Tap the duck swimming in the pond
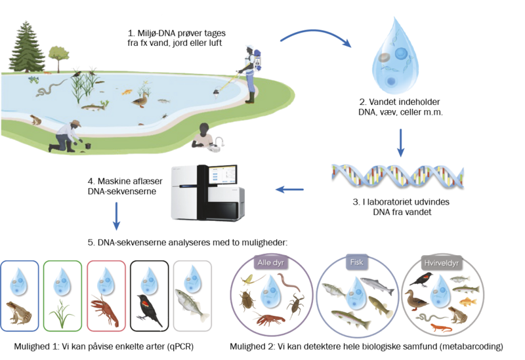(140, 99)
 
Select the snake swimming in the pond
(46, 87)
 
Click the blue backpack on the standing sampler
(257, 62)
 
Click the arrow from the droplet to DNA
(400, 143)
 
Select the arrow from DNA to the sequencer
(289, 190)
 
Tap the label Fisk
(357, 264)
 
